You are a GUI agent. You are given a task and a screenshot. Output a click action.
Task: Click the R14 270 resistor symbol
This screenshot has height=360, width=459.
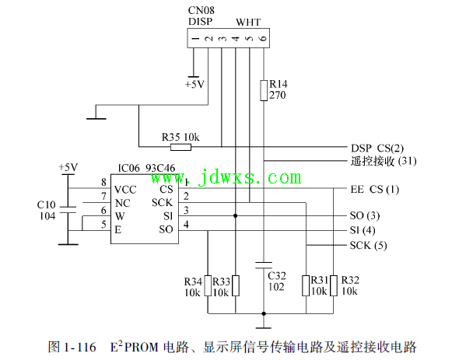pos(264,90)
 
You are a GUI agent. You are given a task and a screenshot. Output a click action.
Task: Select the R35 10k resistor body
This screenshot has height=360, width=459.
pos(181,147)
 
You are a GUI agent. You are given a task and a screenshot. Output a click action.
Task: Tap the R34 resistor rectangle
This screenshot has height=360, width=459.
pos(208,285)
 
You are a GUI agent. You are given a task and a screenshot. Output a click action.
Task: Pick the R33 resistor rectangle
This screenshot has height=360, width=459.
pos(236,285)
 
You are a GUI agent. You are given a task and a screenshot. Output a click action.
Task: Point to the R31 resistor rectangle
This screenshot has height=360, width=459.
pos(306,285)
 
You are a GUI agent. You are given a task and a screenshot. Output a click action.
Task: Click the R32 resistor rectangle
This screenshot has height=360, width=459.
pos(334,285)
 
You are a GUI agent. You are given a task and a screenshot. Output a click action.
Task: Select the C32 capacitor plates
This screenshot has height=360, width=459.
pos(264,265)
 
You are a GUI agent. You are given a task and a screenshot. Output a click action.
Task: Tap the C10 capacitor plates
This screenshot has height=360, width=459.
pos(68,210)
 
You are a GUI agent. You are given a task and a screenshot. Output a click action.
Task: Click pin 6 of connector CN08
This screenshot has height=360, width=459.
pos(263,38)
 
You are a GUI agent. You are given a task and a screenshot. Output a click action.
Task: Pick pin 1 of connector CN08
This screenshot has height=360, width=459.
pos(195,38)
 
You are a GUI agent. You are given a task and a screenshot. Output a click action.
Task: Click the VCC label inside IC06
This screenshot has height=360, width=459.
pos(125,190)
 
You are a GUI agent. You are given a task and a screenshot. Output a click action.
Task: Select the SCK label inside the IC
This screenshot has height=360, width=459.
pos(162,202)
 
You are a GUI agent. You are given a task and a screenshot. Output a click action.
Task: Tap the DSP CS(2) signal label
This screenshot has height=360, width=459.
pos(377,149)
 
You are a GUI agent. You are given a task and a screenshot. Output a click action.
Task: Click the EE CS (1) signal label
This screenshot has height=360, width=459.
pos(375,190)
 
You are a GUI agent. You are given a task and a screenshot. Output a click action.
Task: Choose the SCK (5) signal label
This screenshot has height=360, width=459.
pos(368,245)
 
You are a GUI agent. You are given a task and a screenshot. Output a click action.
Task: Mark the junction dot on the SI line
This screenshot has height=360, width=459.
pos(236,215)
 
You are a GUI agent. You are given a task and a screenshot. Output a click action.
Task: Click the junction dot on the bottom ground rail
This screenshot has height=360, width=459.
pos(264,313)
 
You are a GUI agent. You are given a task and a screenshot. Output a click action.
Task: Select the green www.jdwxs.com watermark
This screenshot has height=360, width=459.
pos(226,177)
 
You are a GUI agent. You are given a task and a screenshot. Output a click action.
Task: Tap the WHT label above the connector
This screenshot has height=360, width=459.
pos(248,23)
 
